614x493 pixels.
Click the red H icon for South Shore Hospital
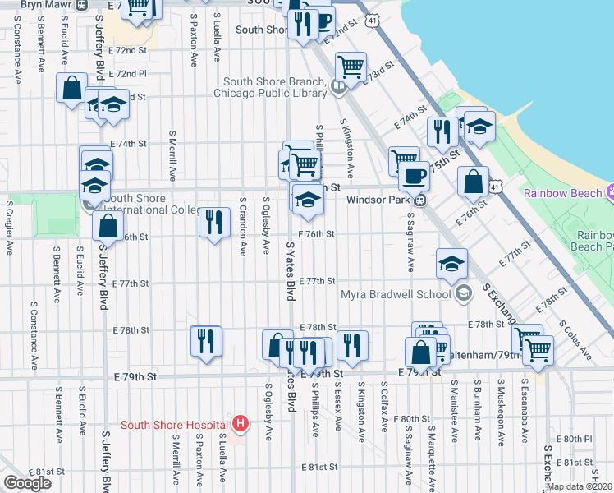tap(240, 424)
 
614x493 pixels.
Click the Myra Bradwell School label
tap(397, 294)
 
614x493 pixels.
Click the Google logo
tap(27, 483)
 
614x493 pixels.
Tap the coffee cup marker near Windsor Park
tap(414, 176)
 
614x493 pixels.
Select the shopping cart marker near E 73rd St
tap(351, 67)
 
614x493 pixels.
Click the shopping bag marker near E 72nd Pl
tap(71, 86)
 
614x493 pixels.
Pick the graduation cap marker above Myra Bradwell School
tap(451, 263)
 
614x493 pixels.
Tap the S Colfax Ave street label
tap(383, 403)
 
